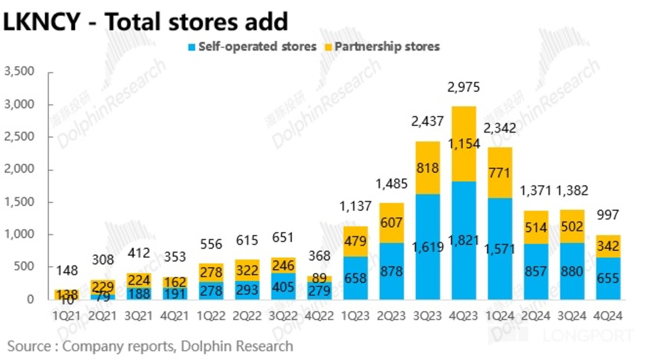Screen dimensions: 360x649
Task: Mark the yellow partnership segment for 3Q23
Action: click(428, 168)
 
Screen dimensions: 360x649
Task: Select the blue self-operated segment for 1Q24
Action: click(500, 274)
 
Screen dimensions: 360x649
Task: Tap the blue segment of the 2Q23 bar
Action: click(392, 271)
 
